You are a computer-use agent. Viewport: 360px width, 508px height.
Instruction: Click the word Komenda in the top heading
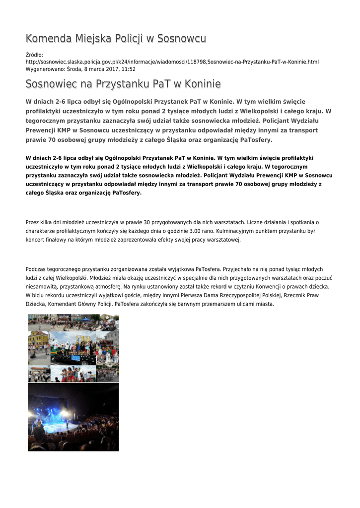pos(48,39)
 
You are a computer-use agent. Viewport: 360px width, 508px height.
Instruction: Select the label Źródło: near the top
pos(34,55)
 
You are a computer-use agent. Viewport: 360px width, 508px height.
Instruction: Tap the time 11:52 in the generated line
pos(129,69)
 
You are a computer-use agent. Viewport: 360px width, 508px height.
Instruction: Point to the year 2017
pos(109,69)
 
